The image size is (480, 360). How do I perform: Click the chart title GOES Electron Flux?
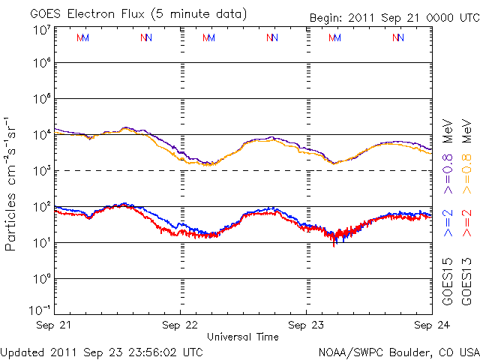[87, 14]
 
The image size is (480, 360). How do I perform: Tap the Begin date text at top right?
[394, 18]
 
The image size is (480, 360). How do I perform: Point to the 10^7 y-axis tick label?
[42, 31]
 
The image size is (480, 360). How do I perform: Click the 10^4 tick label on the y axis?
[42, 134]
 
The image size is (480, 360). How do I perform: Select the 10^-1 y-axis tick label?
[40, 310]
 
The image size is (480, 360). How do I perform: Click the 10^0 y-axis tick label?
[42, 278]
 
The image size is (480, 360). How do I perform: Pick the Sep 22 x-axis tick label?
[180, 325]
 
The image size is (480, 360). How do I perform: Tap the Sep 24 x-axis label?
[432, 325]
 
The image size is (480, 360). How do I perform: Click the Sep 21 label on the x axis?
[53, 325]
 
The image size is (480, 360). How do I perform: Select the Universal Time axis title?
[243, 337]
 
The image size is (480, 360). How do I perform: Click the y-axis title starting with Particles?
[10, 184]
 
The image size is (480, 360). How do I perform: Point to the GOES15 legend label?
[448, 282]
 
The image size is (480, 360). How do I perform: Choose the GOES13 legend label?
[466, 282]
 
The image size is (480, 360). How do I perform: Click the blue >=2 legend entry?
[448, 223]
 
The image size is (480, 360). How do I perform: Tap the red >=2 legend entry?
[466, 223]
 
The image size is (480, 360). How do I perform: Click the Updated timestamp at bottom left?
[102, 352]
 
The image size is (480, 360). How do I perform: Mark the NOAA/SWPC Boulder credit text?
[399, 352]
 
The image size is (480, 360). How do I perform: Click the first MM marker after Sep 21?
[82, 38]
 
